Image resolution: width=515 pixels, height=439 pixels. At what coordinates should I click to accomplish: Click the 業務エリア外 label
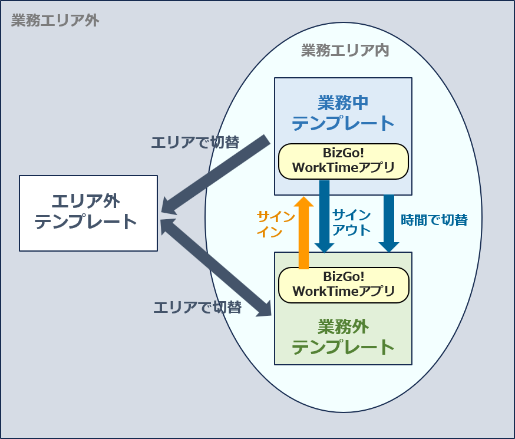tap(55, 22)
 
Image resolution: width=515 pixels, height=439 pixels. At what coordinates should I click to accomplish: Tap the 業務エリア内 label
tap(345, 50)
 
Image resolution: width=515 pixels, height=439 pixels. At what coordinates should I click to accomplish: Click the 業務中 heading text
tap(343, 103)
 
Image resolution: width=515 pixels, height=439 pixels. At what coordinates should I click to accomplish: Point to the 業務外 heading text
tap(343, 326)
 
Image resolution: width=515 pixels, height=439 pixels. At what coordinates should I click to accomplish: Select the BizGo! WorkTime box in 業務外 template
tap(343, 284)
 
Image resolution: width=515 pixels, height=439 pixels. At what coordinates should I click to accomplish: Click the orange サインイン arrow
tap(304, 233)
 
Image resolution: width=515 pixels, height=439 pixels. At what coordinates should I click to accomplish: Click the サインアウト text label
tap(351, 222)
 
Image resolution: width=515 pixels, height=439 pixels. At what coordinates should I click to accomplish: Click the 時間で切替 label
tap(434, 220)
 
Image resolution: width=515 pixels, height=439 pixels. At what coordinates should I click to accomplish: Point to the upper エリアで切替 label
tap(195, 142)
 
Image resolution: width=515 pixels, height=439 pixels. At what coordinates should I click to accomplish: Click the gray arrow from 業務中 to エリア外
tap(215, 174)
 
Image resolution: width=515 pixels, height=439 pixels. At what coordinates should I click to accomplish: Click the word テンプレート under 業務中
tap(343, 123)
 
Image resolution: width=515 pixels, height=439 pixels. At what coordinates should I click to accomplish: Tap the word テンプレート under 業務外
tap(343, 346)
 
